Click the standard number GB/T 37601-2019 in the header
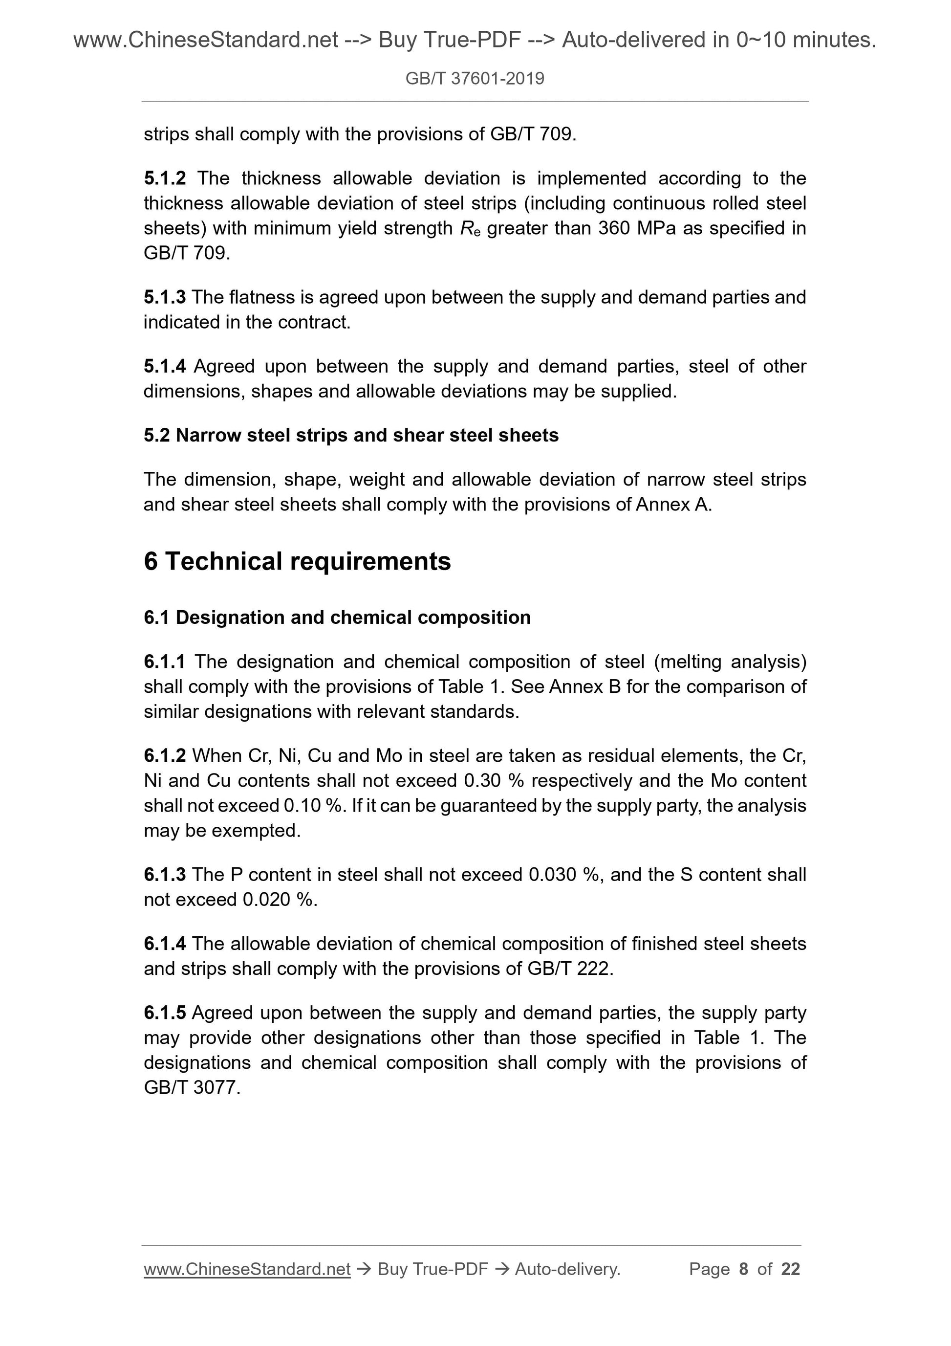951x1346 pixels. coord(475,79)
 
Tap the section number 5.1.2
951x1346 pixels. coord(165,178)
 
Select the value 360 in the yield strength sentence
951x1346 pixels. coord(615,228)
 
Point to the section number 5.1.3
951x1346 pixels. coord(165,297)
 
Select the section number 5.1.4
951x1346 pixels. coord(165,366)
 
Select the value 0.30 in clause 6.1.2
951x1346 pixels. coord(483,781)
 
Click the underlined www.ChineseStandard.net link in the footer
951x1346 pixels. coord(247,1269)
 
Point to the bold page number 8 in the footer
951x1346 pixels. coord(744,1269)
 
